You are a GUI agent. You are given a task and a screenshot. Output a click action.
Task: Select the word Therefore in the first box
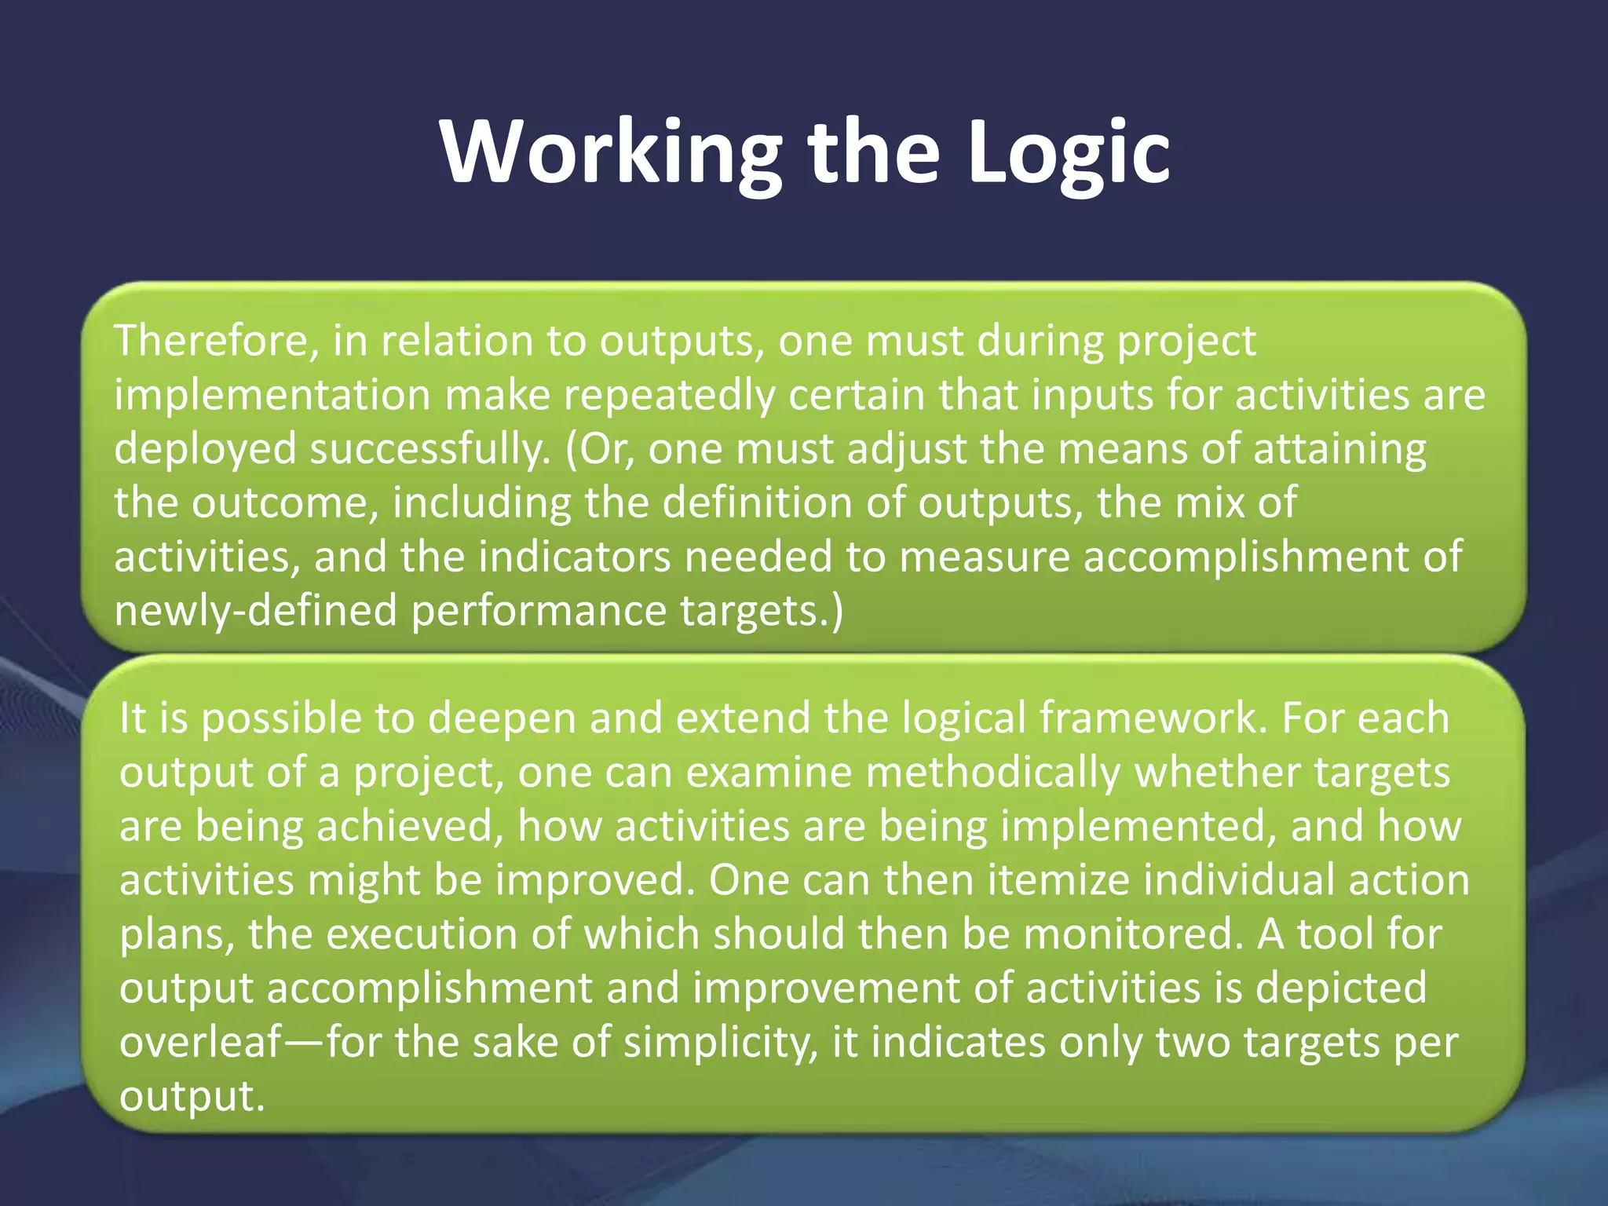217,342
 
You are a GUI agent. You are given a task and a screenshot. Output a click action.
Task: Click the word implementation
272,396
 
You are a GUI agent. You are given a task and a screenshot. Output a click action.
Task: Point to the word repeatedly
670,396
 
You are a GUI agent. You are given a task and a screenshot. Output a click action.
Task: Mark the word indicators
575,557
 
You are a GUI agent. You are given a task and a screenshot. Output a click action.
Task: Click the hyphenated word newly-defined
256,612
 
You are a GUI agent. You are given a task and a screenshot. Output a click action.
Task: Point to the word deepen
502,719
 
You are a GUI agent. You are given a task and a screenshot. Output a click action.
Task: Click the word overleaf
199,1043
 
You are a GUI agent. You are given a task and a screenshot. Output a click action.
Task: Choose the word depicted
1340,989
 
